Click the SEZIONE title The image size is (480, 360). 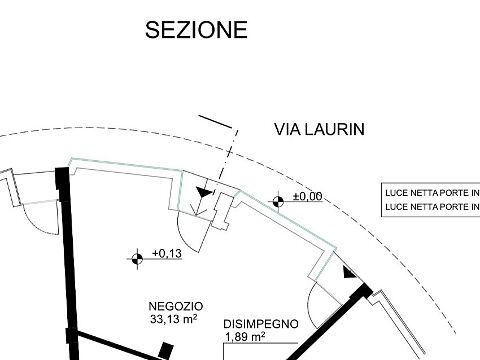point(196,30)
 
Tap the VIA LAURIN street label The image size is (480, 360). point(319,129)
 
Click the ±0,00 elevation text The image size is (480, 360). point(308,196)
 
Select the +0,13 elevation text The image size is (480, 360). point(167,253)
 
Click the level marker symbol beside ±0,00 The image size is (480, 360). point(278,201)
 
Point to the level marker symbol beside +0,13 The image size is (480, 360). point(137,258)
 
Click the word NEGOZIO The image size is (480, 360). point(176,306)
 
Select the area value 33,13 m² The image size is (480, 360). point(173,319)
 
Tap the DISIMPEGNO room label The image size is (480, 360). point(261,324)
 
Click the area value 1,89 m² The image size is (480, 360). point(245,337)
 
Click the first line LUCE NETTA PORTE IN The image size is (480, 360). point(432,193)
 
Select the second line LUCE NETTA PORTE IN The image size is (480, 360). point(432,207)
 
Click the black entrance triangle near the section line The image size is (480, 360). point(204,192)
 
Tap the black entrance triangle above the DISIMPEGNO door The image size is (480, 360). point(349,273)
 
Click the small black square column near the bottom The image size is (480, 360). point(166,350)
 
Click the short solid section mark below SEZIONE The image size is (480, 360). point(215,122)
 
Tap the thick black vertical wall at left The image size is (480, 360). point(68,263)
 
